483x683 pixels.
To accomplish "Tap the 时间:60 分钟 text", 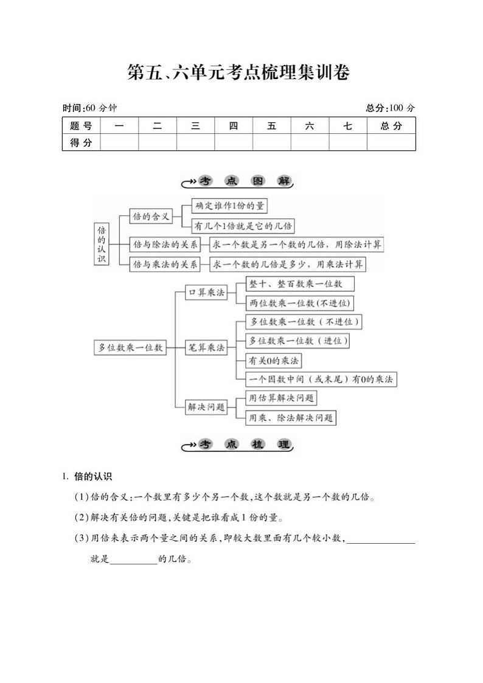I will coord(89,108).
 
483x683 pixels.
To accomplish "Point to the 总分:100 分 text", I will coord(391,108).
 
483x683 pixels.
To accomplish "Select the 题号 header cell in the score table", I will coord(81,126).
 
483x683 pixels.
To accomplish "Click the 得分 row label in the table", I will coord(81,142).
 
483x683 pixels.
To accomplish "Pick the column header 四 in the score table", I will coord(234,126).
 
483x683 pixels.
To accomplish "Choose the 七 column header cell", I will coord(347,126).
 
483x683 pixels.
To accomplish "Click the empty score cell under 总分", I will coord(391,142).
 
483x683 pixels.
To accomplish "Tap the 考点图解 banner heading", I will coord(238,182).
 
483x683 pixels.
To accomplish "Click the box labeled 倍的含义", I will coord(151,216).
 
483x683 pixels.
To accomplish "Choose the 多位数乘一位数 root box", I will coord(130,347).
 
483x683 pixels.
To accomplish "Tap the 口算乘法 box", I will coord(205,293).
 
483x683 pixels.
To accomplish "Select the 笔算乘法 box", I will coord(205,347).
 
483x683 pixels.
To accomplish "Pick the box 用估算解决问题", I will coord(282,398).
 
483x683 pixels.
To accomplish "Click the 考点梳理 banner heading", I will coord(238,445).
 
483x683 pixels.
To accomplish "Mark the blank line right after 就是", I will coord(133,559).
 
